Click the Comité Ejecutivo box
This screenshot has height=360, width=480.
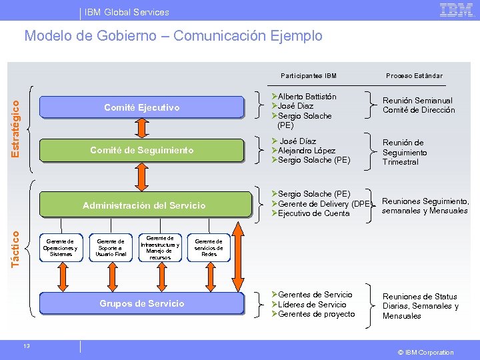point(141,107)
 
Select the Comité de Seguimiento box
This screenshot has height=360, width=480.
point(141,151)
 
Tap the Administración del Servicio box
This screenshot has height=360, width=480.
point(143,205)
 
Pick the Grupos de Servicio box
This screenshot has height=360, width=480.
point(141,303)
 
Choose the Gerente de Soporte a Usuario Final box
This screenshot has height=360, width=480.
point(111,247)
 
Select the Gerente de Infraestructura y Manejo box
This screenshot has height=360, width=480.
point(160,247)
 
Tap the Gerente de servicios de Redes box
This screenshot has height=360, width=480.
point(209,247)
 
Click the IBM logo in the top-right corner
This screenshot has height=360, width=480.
point(455,10)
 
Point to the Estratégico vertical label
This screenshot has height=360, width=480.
point(15,124)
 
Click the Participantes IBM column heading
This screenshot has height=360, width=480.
point(309,75)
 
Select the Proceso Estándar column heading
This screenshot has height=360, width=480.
point(413,75)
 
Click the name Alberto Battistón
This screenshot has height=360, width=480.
point(307,97)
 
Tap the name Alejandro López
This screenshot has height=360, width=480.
point(311,151)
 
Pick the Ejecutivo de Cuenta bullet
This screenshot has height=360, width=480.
point(313,213)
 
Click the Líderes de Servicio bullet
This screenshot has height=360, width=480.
point(313,304)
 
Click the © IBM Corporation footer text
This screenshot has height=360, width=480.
point(426,352)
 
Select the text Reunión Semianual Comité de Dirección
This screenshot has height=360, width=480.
point(418,105)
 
